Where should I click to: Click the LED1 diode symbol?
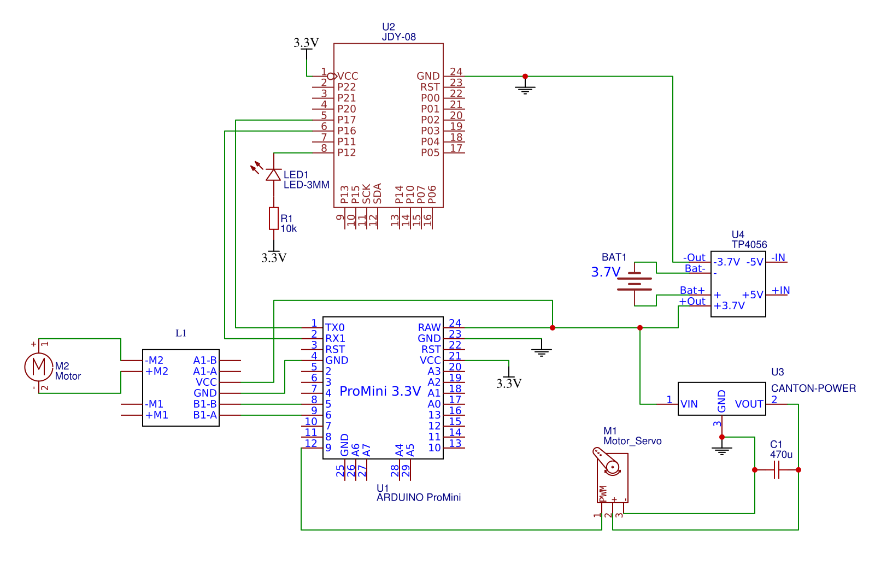(273, 175)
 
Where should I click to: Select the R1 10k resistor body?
(274, 219)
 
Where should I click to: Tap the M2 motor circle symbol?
(38, 366)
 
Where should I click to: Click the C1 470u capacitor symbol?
(777, 470)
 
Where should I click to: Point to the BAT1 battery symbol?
(635, 283)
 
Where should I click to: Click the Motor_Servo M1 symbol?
(612, 475)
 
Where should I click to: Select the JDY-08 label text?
(398, 37)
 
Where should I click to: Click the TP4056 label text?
(749, 245)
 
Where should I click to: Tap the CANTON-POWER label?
(813, 389)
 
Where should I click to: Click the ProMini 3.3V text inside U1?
(380, 391)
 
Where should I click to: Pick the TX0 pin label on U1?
(335, 327)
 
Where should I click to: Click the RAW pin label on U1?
(429, 327)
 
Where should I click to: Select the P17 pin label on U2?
(347, 120)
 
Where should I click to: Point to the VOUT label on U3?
(749, 404)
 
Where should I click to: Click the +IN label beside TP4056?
(780, 290)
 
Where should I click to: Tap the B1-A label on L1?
(205, 415)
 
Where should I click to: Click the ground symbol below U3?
(722, 451)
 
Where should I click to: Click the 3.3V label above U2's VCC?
(306, 43)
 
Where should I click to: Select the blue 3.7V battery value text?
(606, 272)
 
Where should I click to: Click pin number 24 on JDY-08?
(456, 72)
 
